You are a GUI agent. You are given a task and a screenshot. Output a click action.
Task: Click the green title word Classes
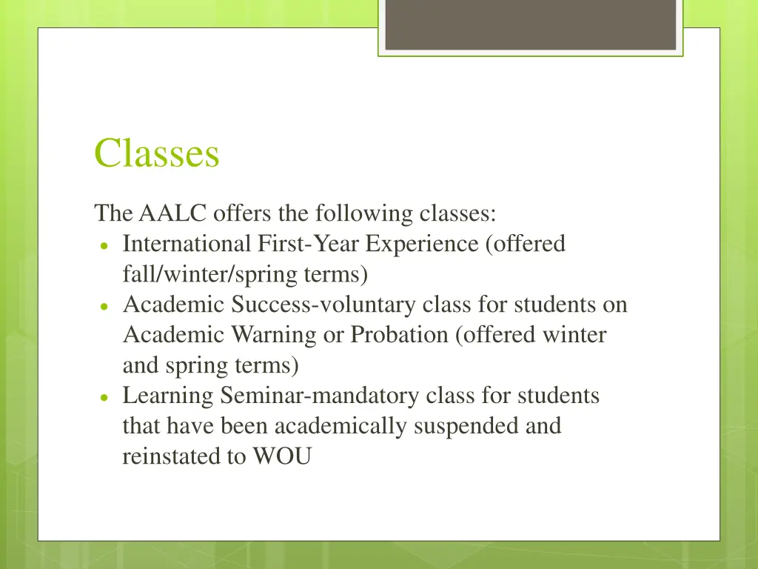[x=156, y=154]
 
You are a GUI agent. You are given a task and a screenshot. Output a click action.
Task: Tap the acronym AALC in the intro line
[x=172, y=214]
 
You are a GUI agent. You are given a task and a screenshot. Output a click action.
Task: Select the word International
[x=187, y=244]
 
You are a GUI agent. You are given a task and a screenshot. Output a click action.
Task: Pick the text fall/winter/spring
[x=212, y=275]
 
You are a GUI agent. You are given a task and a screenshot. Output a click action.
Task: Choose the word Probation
[x=399, y=336]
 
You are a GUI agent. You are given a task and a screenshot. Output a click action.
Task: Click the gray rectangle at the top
[x=530, y=24]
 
